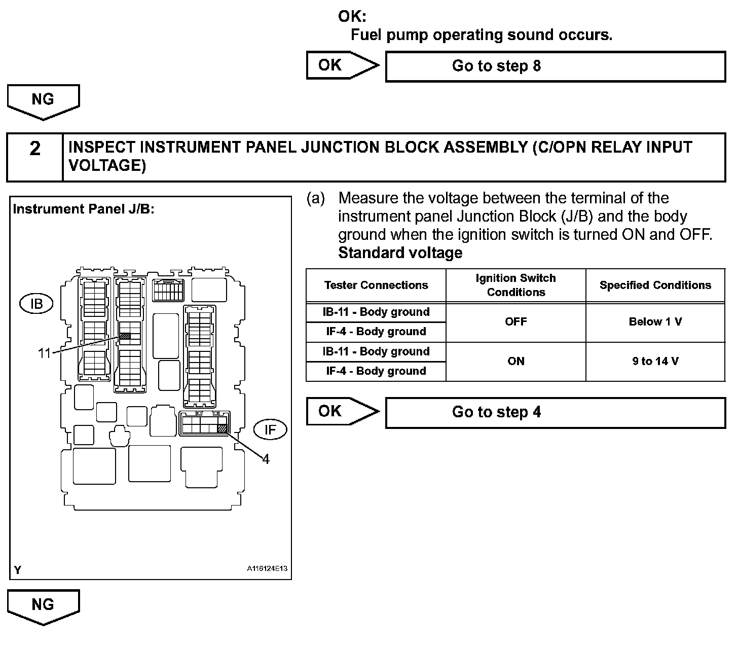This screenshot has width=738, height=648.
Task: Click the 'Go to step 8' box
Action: tap(555, 66)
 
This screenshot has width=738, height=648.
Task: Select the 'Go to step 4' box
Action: tap(555, 412)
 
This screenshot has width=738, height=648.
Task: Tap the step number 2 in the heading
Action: tap(34, 149)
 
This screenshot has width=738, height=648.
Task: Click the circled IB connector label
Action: tap(36, 304)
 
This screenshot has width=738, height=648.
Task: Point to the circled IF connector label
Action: tap(270, 430)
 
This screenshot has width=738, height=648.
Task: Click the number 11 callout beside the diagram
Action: tap(45, 353)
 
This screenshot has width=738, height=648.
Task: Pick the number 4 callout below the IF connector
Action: tap(266, 459)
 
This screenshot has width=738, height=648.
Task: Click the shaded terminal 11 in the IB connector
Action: tap(125, 336)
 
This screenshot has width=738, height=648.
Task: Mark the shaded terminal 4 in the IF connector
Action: tap(222, 428)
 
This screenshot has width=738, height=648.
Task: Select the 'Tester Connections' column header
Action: tap(376, 285)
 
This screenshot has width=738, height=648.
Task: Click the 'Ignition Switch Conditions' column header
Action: tap(515, 285)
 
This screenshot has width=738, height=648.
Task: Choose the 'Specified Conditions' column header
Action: tap(655, 285)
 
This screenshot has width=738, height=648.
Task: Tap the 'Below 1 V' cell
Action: tap(655, 322)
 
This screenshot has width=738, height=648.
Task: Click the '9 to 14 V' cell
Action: tap(655, 362)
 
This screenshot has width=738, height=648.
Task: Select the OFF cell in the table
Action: tap(515, 322)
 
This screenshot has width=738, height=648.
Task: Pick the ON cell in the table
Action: tap(515, 362)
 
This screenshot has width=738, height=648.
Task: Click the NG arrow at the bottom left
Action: tap(43, 605)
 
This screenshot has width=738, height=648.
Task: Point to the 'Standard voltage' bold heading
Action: tap(400, 253)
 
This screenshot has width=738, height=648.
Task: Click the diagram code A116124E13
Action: tap(267, 568)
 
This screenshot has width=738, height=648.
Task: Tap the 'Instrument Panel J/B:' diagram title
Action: tap(84, 209)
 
